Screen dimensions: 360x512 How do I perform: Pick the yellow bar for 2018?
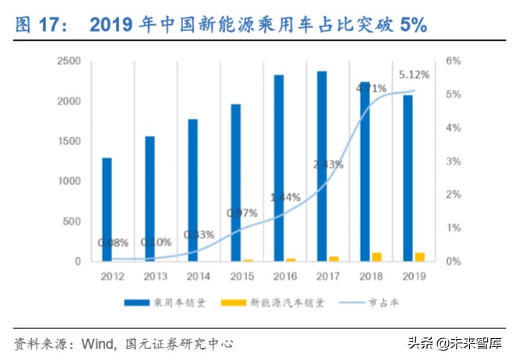point(376,256)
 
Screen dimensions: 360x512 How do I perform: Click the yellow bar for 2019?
point(419,256)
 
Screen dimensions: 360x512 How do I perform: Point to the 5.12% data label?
point(414,76)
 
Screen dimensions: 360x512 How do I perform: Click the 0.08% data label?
point(114,242)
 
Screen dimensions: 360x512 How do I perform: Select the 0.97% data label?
point(242,212)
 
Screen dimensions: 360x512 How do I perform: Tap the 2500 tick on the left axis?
point(70,61)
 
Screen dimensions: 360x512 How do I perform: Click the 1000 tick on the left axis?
point(70,181)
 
